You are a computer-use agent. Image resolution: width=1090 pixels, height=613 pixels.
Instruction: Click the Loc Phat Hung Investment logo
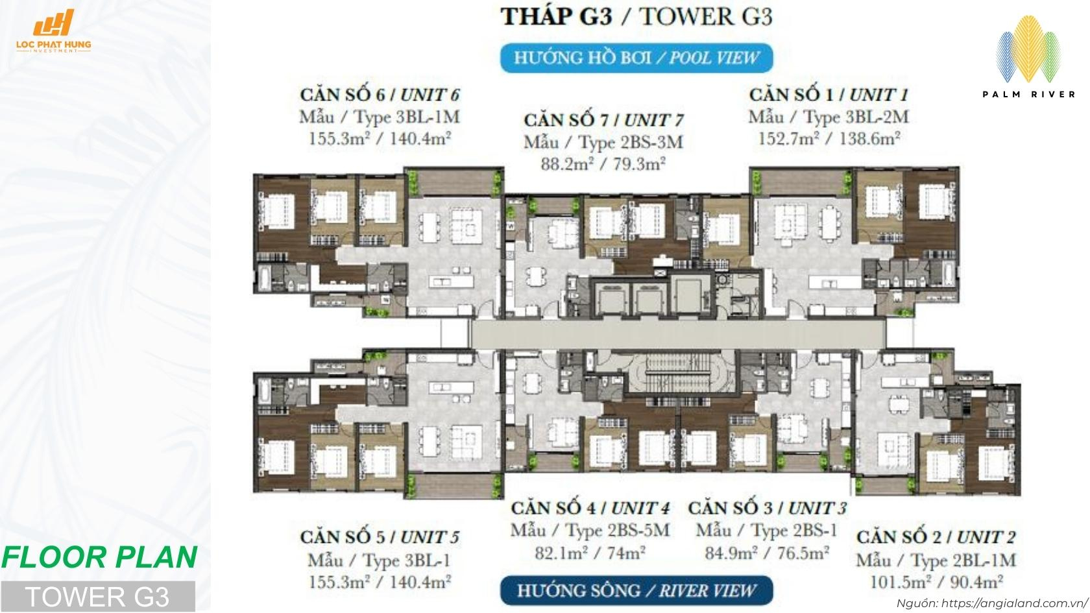click(x=62, y=32)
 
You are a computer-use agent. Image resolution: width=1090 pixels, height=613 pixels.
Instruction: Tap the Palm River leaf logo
click(x=1028, y=52)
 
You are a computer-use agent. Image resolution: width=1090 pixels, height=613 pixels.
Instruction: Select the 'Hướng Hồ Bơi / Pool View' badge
click(x=636, y=58)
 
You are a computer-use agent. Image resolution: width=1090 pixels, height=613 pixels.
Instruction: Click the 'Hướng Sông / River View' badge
click(x=636, y=591)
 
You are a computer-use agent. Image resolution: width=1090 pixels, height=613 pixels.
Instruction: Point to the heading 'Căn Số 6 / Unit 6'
click(x=380, y=95)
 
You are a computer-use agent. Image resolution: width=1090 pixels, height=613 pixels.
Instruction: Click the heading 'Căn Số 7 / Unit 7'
click(x=603, y=120)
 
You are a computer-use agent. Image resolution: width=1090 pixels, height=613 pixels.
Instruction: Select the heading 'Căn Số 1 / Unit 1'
click(x=829, y=95)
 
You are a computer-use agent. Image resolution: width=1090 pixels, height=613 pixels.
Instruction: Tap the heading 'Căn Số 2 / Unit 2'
click(x=936, y=537)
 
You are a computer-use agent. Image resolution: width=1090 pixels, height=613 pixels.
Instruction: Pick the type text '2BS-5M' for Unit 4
click(x=638, y=531)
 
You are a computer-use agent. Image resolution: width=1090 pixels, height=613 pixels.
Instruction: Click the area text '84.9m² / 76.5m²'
click(x=767, y=553)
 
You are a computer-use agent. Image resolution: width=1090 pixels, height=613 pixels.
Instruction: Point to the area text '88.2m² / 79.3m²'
click(x=603, y=164)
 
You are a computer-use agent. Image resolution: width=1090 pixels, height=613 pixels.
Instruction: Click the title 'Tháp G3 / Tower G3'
click(x=636, y=16)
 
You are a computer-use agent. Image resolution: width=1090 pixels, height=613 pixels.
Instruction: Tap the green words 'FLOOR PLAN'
click(x=99, y=557)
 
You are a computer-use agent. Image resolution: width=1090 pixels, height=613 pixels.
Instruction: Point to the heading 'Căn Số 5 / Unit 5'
click(x=380, y=537)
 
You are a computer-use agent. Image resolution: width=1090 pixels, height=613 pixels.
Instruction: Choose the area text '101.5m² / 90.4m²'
click(x=936, y=581)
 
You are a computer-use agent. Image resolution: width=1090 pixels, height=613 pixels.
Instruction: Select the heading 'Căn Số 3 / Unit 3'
click(x=767, y=508)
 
